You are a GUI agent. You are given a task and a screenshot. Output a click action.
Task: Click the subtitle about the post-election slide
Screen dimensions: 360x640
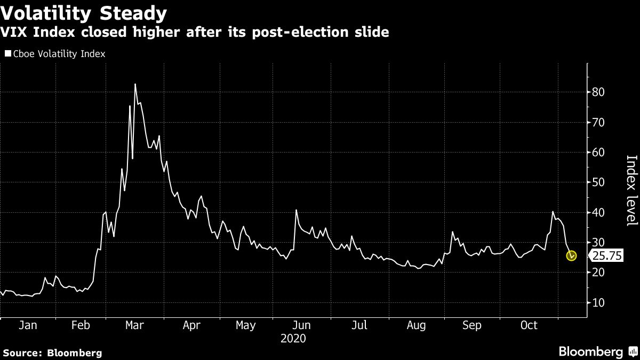[195, 33]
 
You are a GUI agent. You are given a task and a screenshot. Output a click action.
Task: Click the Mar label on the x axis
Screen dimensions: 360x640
[134, 325]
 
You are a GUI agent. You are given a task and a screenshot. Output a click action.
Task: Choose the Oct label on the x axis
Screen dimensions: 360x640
[529, 325]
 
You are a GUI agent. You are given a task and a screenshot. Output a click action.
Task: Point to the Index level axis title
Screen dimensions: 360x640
[631, 190]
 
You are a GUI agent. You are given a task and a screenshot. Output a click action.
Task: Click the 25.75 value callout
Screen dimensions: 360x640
[607, 256]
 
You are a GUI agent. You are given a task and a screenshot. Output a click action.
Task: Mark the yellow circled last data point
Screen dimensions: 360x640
[572, 256]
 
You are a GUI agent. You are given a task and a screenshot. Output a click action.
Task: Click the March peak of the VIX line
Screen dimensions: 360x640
[135, 84]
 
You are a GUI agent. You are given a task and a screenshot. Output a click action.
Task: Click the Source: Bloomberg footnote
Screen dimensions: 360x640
[52, 353]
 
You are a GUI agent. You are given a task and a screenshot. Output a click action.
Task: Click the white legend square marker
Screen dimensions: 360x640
[7, 54]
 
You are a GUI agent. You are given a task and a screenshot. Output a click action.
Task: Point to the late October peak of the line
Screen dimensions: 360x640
[553, 212]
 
